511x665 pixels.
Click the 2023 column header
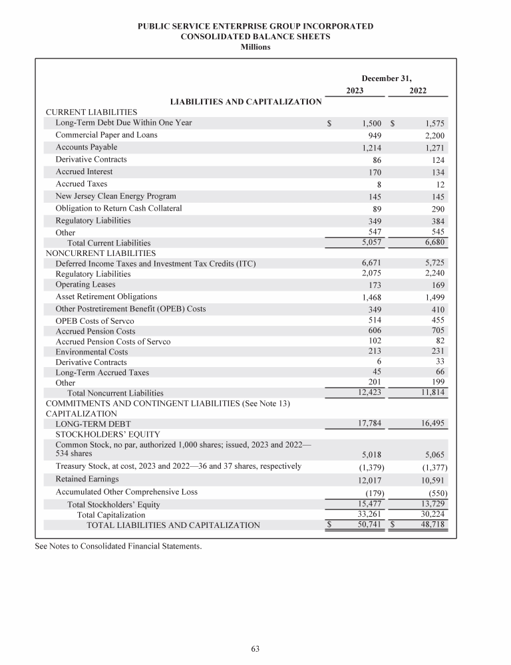tap(355, 90)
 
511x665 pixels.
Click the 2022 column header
tap(418, 90)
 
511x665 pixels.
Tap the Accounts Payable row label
tap(86, 147)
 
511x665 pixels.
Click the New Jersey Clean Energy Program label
tap(116, 196)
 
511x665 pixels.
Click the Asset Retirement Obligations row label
tap(106, 297)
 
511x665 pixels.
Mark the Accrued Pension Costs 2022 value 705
tap(436, 331)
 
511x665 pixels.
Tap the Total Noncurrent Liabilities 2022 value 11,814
tap(431, 392)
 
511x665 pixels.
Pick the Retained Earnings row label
tap(87, 479)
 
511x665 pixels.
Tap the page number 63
tap(255, 649)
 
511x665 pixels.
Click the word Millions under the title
tap(255, 47)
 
